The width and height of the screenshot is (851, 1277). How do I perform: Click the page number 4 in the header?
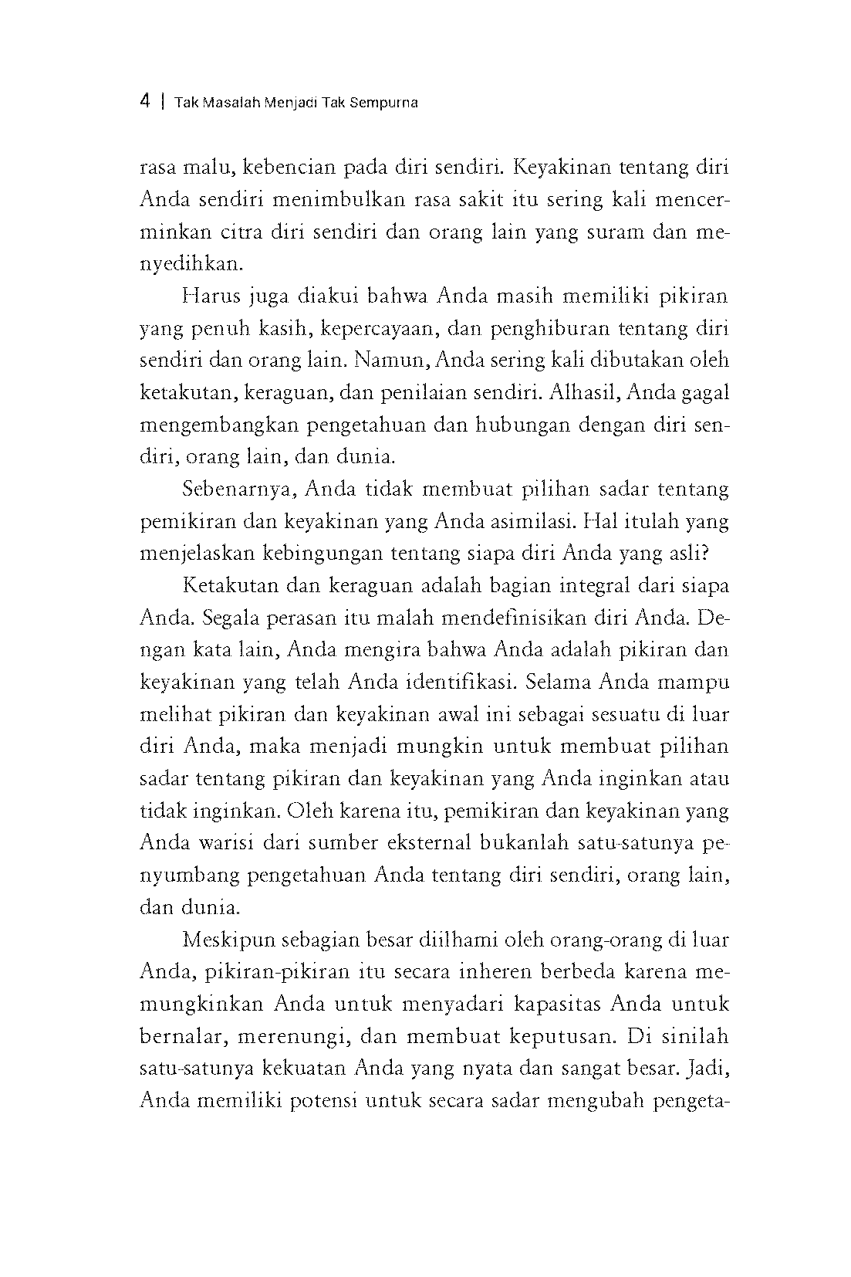coord(145,102)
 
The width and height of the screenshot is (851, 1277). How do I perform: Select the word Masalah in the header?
coord(230,103)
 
